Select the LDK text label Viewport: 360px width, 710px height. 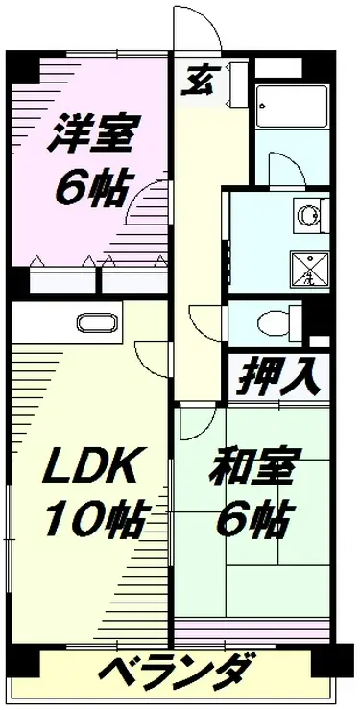(90, 466)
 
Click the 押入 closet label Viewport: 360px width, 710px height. (279, 376)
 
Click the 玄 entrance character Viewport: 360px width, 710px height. (198, 81)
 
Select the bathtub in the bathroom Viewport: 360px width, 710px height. (292, 106)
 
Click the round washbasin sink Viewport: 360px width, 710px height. (309, 215)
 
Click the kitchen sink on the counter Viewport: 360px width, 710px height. (100, 322)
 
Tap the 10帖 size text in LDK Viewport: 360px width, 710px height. (95, 518)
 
